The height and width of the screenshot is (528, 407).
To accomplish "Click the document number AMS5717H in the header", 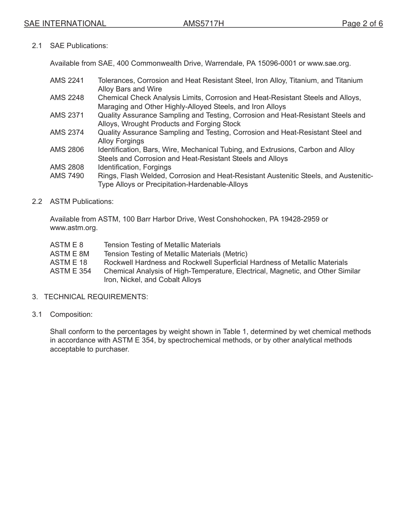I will tap(203, 24).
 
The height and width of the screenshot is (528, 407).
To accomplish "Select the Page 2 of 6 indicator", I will tap(362, 24).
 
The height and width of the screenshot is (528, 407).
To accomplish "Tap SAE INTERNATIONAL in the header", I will tap(65, 24).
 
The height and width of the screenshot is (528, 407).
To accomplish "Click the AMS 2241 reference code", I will tap(67, 80).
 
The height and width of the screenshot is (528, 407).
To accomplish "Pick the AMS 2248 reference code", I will tap(67, 98).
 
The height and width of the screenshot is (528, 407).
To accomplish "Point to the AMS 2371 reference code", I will tap(67, 115).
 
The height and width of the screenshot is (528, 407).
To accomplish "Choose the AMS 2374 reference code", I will tap(67, 132).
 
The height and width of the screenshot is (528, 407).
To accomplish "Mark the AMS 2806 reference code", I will tap(67, 150).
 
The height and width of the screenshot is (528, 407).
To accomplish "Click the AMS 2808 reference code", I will tap(67, 167).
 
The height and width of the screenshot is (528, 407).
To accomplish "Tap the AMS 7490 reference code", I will tap(67, 176).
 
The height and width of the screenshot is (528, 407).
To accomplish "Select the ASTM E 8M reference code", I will tap(69, 254).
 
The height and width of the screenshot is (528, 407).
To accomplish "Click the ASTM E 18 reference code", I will tap(69, 262).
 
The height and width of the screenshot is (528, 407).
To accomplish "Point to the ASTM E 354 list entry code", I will tap(71, 271).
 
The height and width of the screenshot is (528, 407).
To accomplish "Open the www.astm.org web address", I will tap(73, 228).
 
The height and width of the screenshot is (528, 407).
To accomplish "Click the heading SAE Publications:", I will tap(79, 46).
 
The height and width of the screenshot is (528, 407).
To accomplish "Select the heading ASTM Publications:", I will tap(81, 201).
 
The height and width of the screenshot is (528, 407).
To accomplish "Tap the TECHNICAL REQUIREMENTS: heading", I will tap(96, 297).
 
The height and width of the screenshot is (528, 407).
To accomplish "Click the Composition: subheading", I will tap(71, 314).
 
